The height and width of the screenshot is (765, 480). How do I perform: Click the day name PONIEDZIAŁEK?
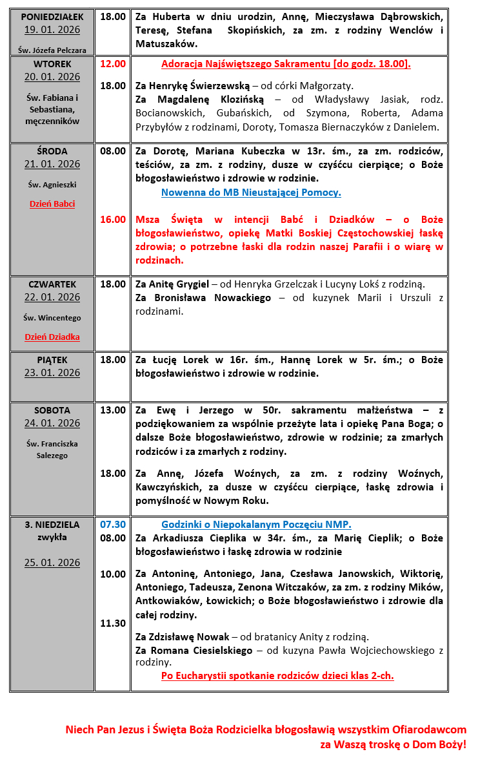click(52, 17)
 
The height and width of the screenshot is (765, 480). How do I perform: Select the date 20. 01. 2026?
click(52, 77)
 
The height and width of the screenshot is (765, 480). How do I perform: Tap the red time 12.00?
click(113, 64)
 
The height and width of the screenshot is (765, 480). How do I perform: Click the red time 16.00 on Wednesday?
click(113, 220)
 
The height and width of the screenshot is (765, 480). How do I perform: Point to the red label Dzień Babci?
click(52, 204)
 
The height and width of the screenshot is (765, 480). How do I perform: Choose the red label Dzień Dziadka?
click(52, 337)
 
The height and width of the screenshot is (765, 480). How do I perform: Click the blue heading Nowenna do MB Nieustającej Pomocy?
click(251, 193)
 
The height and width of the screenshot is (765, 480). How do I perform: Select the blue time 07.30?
click(113, 525)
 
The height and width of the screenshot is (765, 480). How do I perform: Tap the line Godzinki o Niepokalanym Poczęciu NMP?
click(256, 525)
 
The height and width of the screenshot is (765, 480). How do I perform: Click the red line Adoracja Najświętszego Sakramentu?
click(286, 64)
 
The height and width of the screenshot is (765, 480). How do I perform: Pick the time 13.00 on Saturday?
click(113, 410)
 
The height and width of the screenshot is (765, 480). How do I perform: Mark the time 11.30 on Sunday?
click(113, 624)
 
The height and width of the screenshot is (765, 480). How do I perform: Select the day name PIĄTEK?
click(52, 360)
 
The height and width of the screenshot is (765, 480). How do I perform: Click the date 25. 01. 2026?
click(52, 563)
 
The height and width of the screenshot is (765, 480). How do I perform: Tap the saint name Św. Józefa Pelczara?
click(52, 49)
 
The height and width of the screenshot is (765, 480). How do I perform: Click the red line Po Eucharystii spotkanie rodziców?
click(277, 676)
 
